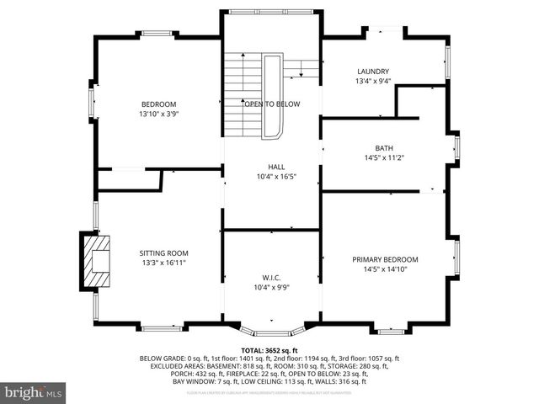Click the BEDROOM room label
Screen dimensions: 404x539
click(158, 104)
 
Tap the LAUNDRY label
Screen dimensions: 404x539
click(372, 72)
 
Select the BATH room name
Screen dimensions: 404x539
click(384, 147)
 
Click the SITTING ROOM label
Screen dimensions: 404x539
click(163, 252)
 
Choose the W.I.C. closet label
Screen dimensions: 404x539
click(271, 277)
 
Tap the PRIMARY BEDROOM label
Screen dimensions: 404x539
click(384, 259)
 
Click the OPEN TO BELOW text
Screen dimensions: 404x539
click(272, 104)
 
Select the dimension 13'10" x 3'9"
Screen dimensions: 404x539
click(158, 114)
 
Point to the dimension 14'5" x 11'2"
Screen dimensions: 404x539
click(384, 157)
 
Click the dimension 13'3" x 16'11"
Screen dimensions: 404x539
click(163, 263)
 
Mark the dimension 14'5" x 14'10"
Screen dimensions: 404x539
click(384, 269)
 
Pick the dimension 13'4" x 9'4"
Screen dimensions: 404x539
click(372, 82)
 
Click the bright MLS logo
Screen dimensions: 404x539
click(34, 392)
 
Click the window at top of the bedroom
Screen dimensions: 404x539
click(157, 35)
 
